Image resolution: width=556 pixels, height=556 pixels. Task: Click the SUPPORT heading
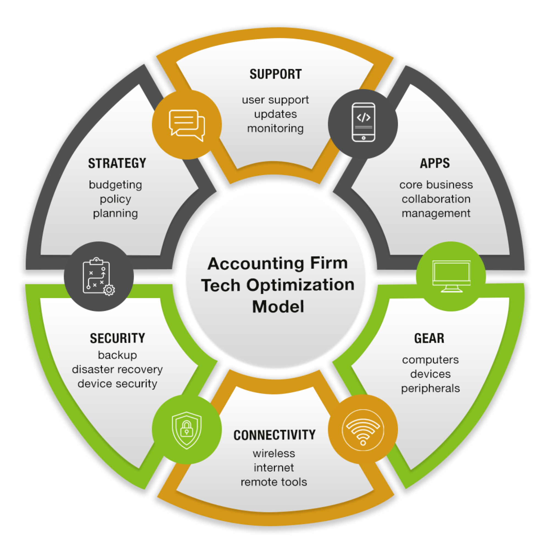(275, 74)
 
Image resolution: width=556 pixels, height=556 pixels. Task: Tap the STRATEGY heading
(117, 163)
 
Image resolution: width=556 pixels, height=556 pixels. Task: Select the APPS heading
(435, 163)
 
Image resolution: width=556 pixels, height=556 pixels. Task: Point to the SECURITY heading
(118, 338)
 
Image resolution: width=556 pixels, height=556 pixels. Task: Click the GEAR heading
(429, 338)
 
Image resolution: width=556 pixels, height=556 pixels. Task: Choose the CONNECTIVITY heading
(275, 435)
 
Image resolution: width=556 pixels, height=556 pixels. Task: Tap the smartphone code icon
(363, 122)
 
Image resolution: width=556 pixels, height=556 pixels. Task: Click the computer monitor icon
(451, 276)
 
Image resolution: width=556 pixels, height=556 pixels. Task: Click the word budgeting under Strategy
(115, 185)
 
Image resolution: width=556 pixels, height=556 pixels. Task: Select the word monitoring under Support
(275, 128)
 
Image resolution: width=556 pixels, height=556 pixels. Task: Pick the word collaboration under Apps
(436, 199)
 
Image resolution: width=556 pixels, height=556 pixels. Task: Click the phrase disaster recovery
(118, 369)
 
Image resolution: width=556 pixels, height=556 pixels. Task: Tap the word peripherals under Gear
(430, 389)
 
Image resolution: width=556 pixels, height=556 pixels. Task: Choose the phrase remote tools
(274, 482)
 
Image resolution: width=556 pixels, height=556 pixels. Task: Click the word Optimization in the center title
(300, 285)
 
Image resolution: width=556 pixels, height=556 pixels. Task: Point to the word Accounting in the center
(256, 263)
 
